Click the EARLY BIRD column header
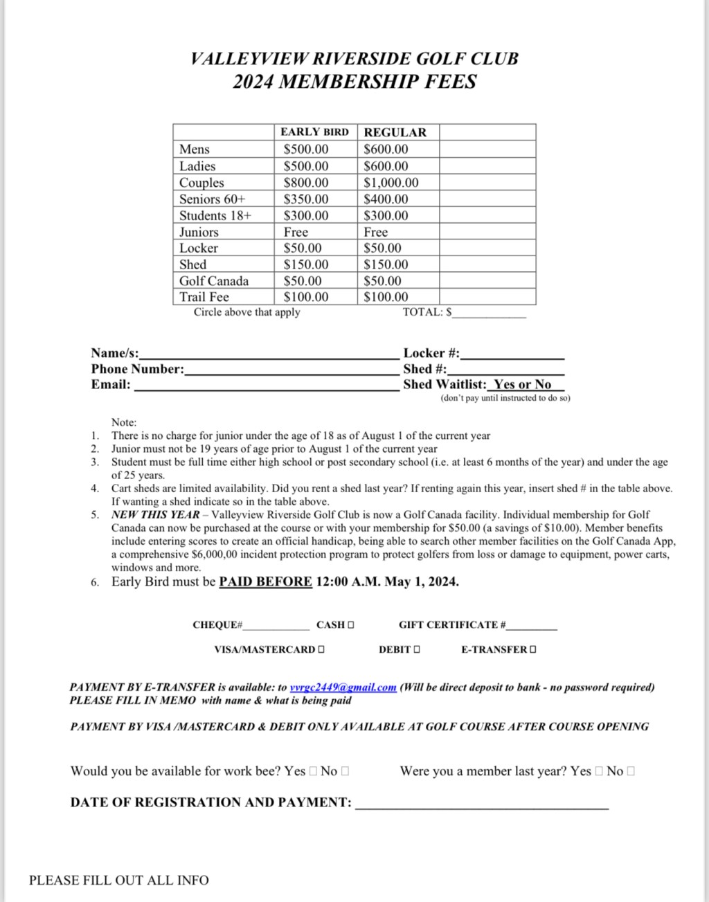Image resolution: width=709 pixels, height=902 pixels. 314,132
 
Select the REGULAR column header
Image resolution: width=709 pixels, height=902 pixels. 395,132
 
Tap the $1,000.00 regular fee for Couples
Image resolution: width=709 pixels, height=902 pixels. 391,183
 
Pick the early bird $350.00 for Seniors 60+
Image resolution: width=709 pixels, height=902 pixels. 306,199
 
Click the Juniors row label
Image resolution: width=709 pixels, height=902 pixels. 199,232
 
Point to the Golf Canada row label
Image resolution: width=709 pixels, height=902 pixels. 213,281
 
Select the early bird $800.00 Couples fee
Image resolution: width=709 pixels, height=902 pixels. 306,183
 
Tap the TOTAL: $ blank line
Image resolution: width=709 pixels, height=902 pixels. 489,314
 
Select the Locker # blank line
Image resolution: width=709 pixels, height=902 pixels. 512,354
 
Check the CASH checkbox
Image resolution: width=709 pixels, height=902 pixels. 351,625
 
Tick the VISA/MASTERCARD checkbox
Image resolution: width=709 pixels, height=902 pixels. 321,649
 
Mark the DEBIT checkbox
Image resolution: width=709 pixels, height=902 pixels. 417,649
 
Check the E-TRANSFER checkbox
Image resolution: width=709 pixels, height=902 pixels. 532,649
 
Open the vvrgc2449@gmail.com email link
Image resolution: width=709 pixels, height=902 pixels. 343,687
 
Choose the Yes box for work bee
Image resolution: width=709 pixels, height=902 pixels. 313,771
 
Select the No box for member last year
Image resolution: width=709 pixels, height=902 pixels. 630,771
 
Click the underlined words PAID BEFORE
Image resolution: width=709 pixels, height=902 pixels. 265,581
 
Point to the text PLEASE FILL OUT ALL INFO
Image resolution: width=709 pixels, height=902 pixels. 118,881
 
